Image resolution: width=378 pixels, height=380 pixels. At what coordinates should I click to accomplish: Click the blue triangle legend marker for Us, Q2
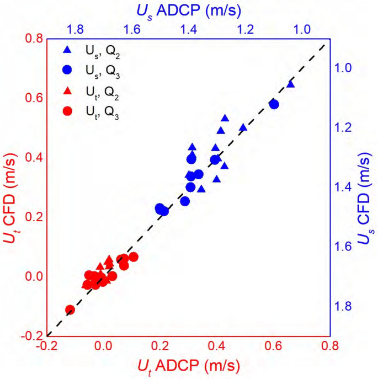tap(67, 50)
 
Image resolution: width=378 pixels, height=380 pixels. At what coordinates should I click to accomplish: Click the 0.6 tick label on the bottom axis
tap(274, 347)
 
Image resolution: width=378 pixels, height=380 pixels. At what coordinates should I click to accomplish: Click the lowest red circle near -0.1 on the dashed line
tap(70, 310)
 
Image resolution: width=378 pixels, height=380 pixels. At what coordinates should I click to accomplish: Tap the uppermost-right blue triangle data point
tap(291, 84)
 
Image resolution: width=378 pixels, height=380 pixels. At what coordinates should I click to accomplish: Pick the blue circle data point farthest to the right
tap(274, 104)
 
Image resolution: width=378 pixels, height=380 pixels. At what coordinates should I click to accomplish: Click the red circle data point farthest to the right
tap(133, 256)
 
